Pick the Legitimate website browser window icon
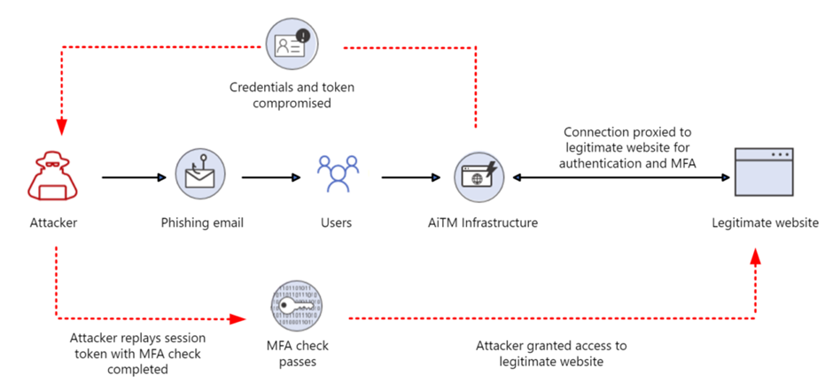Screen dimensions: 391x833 tap(764, 174)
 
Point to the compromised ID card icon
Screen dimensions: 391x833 tap(292, 45)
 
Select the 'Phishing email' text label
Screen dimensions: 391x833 tap(201, 223)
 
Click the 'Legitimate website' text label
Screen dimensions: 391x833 tap(765, 223)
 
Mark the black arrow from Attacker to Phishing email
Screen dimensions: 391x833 tap(133, 177)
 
